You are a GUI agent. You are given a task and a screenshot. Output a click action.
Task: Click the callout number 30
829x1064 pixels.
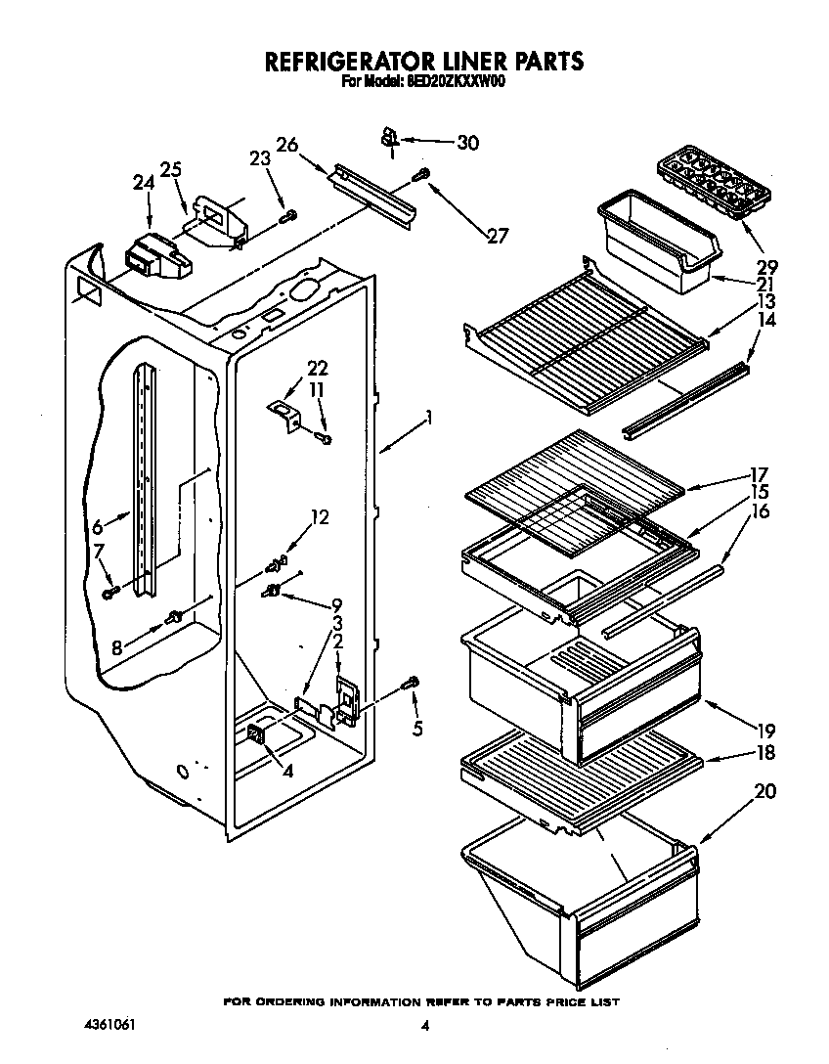pos(467,143)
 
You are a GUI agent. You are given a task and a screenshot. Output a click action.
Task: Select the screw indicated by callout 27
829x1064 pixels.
pos(422,175)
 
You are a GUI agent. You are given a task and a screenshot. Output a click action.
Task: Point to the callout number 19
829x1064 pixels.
pos(764,729)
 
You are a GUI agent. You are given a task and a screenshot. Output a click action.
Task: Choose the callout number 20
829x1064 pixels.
pos(764,791)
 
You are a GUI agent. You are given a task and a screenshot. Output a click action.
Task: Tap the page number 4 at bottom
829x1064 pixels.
pos(424,1026)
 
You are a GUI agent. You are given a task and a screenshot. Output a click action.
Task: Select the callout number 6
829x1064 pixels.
pos(97,527)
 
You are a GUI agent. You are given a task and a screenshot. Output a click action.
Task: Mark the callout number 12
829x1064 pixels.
pos(319,517)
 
